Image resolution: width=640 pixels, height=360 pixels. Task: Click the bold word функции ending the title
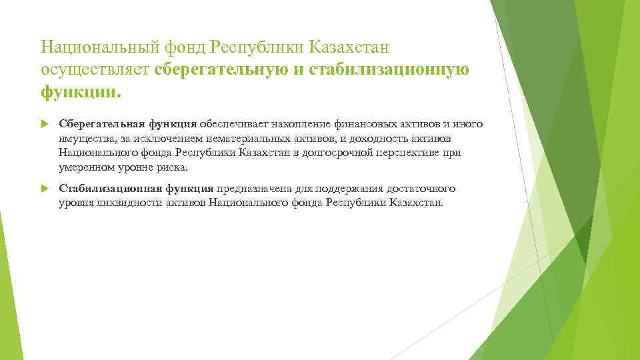coord(79,92)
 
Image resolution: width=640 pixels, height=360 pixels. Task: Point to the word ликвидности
coord(119,203)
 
